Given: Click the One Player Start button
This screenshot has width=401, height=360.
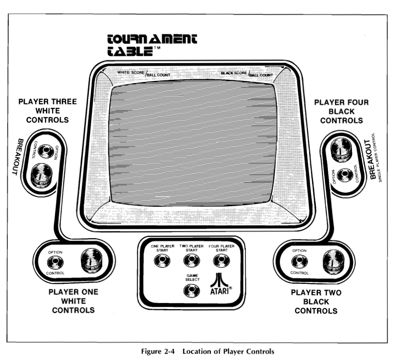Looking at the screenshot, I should [x=160, y=261].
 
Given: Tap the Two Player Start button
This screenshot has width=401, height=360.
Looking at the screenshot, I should [x=189, y=261].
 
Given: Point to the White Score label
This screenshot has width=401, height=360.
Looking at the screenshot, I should [x=130, y=72].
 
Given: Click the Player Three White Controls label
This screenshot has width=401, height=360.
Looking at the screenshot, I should [x=47, y=111].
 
